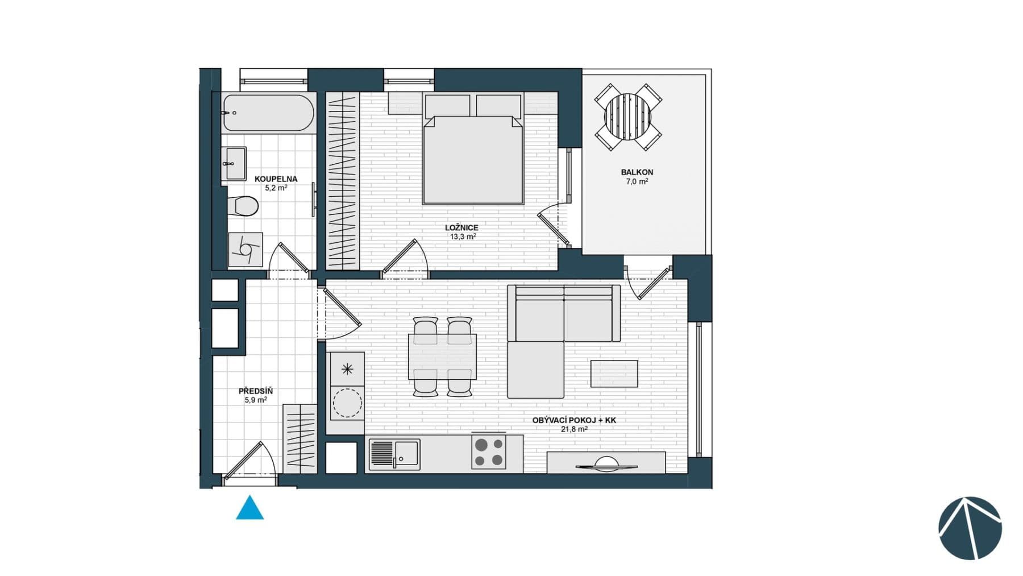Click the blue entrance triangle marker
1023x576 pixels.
[249, 509]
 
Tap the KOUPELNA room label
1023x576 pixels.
[276, 179]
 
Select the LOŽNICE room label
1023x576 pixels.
[461, 227]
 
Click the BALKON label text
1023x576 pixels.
[637, 172]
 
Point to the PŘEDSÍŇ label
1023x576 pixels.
[255, 391]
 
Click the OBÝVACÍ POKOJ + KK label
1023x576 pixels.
[574, 420]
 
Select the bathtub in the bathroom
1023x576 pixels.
[268, 113]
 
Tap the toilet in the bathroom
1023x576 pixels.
[243, 205]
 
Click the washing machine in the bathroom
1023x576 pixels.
[246, 249]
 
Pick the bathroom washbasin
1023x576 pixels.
[234, 164]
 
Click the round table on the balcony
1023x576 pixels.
[628, 117]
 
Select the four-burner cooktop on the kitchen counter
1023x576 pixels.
[488, 453]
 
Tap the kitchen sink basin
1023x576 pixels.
[407, 453]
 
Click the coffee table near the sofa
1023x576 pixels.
[614, 374]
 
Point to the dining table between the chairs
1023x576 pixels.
[442, 357]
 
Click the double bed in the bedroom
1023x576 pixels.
[472, 159]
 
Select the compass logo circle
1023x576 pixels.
[970, 528]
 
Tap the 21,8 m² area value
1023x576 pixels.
[574, 429]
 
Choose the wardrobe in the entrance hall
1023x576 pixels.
[300, 438]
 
